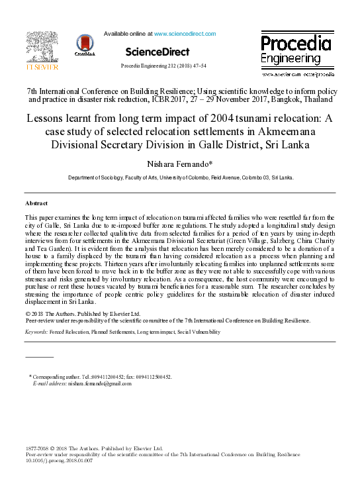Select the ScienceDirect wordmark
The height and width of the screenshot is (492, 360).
(157, 52)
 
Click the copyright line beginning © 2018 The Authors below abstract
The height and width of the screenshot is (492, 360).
(83, 313)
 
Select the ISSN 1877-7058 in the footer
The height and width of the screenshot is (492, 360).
(37, 448)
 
